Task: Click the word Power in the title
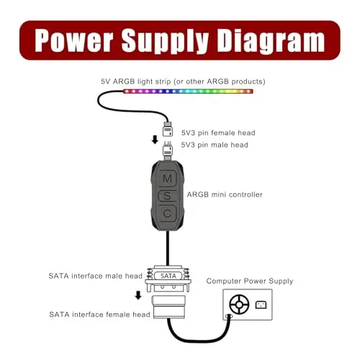(x=74, y=40)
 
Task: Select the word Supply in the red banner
(x=165, y=41)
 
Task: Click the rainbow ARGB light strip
(x=188, y=91)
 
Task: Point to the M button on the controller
(x=167, y=179)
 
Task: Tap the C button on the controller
(x=167, y=213)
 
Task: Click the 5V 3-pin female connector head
(x=168, y=130)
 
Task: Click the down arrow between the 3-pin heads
(x=155, y=140)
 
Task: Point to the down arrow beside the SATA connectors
(x=138, y=295)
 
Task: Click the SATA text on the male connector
(x=168, y=276)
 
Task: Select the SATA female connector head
(x=168, y=307)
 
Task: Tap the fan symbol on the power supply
(x=239, y=305)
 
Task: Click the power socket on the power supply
(x=261, y=305)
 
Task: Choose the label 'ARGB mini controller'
(x=225, y=194)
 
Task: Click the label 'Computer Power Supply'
(x=250, y=282)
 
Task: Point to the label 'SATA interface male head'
(x=96, y=276)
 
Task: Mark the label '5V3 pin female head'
(x=218, y=132)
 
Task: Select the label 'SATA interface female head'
(x=99, y=315)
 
